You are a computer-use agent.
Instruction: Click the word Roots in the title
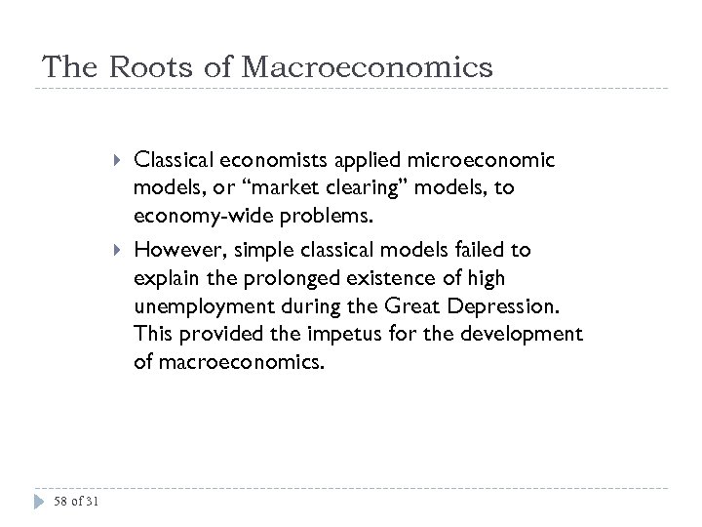tap(142, 67)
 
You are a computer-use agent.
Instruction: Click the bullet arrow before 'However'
tap(117, 250)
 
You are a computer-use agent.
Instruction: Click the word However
tap(171, 250)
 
